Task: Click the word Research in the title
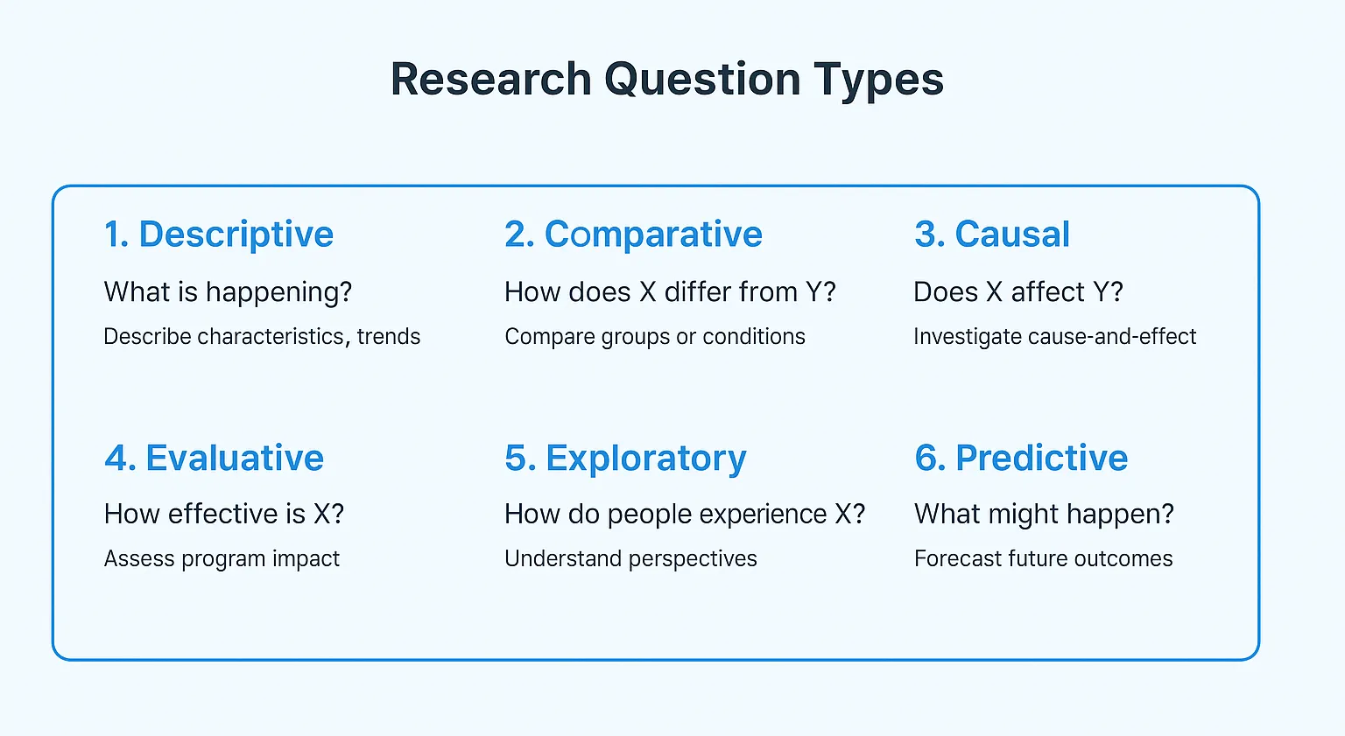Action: (490, 79)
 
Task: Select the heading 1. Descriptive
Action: (219, 235)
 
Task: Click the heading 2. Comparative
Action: (633, 235)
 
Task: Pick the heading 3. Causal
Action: (991, 235)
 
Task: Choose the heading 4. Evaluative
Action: (214, 458)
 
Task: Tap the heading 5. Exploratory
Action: (625, 459)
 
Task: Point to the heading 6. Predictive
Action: (1021, 458)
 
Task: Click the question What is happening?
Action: (228, 292)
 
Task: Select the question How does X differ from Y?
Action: (670, 292)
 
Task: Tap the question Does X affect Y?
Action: (1018, 292)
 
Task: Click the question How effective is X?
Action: (224, 514)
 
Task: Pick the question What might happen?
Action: (1044, 514)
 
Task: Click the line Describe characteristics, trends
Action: (262, 337)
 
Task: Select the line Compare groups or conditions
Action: (654, 337)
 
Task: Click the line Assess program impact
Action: (222, 559)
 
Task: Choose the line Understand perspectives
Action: (630, 559)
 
